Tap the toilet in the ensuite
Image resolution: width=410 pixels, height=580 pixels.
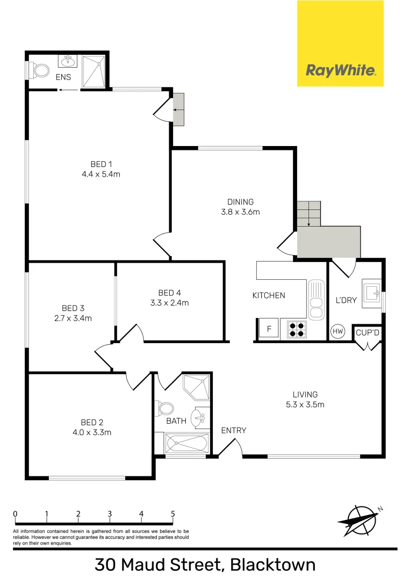pyautogui.click(x=39, y=70)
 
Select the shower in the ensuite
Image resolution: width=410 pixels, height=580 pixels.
pyautogui.click(x=95, y=72)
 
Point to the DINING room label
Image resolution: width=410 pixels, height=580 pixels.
pyautogui.click(x=240, y=202)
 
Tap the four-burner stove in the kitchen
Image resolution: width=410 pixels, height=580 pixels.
pyautogui.click(x=295, y=329)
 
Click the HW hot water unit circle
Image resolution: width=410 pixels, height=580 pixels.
pyautogui.click(x=338, y=331)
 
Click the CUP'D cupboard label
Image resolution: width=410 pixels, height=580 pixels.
pyautogui.click(x=368, y=333)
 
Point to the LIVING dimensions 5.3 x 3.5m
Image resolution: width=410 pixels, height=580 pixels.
pyautogui.click(x=305, y=404)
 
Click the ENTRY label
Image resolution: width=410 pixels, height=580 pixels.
pyautogui.click(x=234, y=430)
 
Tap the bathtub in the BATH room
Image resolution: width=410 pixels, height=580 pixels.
pyautogui.click(x=186, y=444)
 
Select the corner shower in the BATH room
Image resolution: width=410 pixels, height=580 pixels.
pyautogui.click(x=196, y=387)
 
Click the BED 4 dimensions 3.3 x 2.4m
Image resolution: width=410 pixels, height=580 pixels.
pyautogui.click(x=170, y=302)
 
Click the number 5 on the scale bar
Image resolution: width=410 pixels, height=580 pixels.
pyautogui.click(x=173, y=513)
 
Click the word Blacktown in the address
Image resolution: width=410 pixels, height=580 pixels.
pyautogui.click(x=272, y=565)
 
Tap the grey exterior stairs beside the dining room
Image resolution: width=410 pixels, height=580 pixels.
pyautogui.click(x=308, y=213)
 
